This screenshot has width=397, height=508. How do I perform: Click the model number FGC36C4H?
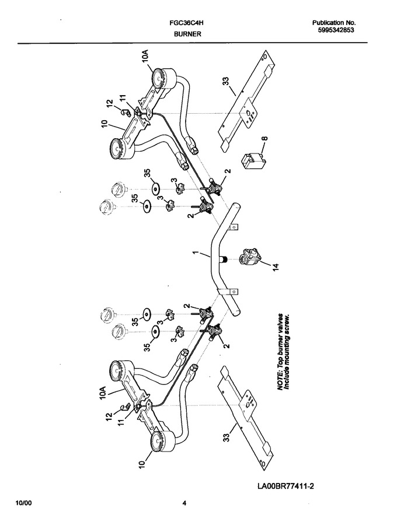pyautogui.click(x=186, y=23)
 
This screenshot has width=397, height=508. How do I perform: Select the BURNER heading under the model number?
pyautogui.click(x=187, y=34)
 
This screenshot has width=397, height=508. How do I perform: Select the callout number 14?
pyautogui.click(x=276, y=267)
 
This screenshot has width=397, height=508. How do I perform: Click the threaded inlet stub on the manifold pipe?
pyautogui.click(x=223, y=259)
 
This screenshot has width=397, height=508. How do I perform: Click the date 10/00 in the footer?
pyautogui.click(x=24, y=503)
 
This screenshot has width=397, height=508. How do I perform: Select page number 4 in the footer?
pyautogui.click(x=184, y=503)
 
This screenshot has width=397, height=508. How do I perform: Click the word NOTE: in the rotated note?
pyautogui.click(x=281, y=380)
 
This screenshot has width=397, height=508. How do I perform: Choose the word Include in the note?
pyautogui.click(x=287, y=379)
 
